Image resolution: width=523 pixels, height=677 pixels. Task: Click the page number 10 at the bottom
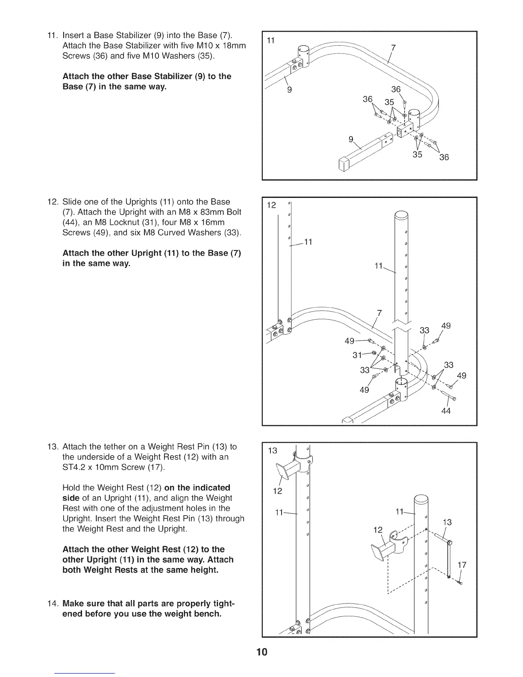pos(261,652)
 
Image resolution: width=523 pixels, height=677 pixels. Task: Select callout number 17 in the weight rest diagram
pos(461,565)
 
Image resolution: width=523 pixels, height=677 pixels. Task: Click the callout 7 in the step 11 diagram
pos(394,47)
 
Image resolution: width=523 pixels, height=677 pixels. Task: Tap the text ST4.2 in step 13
pos(75,467)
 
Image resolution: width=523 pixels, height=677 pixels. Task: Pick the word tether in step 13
pos(114,447)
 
